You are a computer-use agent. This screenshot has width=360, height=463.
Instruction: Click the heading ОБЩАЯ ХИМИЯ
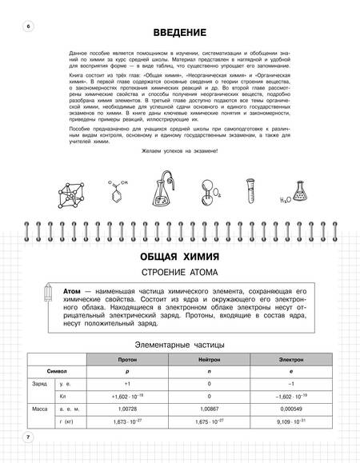click(180, 258)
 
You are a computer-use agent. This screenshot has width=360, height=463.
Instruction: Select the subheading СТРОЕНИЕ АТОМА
click(180, 278)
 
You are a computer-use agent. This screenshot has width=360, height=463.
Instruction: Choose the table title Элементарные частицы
click(180, 345)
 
